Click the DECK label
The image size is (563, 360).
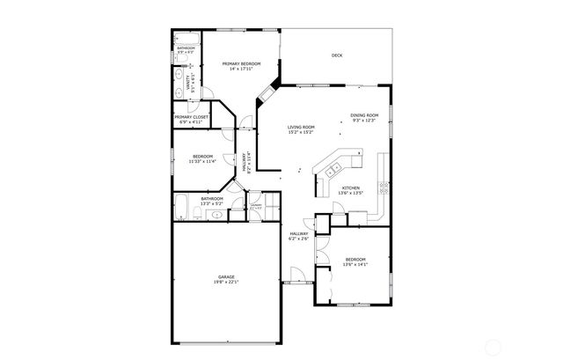coord(337,55)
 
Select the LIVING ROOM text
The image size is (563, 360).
coord(301,128)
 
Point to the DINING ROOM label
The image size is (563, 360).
coord(364,115)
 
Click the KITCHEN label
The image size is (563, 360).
coord(351,187)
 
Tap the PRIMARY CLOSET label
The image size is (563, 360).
coord(191,117)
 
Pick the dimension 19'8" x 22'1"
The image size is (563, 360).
coord(226,283)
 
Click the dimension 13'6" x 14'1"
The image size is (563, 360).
coord(355,264)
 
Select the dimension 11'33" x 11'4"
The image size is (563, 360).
coord(202,162)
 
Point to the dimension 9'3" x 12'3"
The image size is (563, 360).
coord(364,121)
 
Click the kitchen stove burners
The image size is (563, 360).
coord(383,187)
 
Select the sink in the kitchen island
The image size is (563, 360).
coord(335,166)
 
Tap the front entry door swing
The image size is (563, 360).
coord(296,277)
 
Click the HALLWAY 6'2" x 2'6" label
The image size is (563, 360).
coord(300,236)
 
